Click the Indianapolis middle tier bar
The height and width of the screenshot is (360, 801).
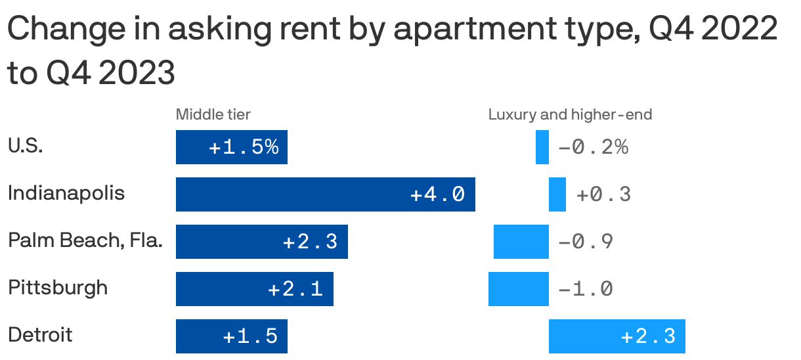click(325, 194)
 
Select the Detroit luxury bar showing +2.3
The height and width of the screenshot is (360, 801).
click(617, 336)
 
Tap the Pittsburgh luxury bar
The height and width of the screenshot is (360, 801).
click(518, 289)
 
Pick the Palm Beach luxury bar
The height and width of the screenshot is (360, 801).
click(521, 242)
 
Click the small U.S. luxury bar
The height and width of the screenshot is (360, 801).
click(542, 147)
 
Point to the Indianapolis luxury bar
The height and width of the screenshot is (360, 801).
click(557, 194)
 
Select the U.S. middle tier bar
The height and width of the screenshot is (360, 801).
click(231, 147)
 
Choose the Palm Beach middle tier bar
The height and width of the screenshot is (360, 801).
click(261, 242)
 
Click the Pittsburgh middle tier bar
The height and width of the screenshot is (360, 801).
click(254, 289)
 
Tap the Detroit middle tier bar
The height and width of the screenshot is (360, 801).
click(231, 336)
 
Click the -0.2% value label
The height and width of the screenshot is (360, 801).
click(593, 147)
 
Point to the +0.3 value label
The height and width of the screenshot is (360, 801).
click(603, 194)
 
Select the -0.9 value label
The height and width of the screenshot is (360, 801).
click(585, 242)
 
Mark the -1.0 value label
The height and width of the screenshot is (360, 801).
click(585, 289)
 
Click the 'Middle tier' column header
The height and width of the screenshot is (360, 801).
click(213, 115)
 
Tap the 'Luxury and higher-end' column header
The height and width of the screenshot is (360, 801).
click(570, 115)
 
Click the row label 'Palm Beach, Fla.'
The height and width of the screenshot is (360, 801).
click(85, 241)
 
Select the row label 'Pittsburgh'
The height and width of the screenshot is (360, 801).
click(58, 288)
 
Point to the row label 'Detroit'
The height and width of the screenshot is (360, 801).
click(40, 335)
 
